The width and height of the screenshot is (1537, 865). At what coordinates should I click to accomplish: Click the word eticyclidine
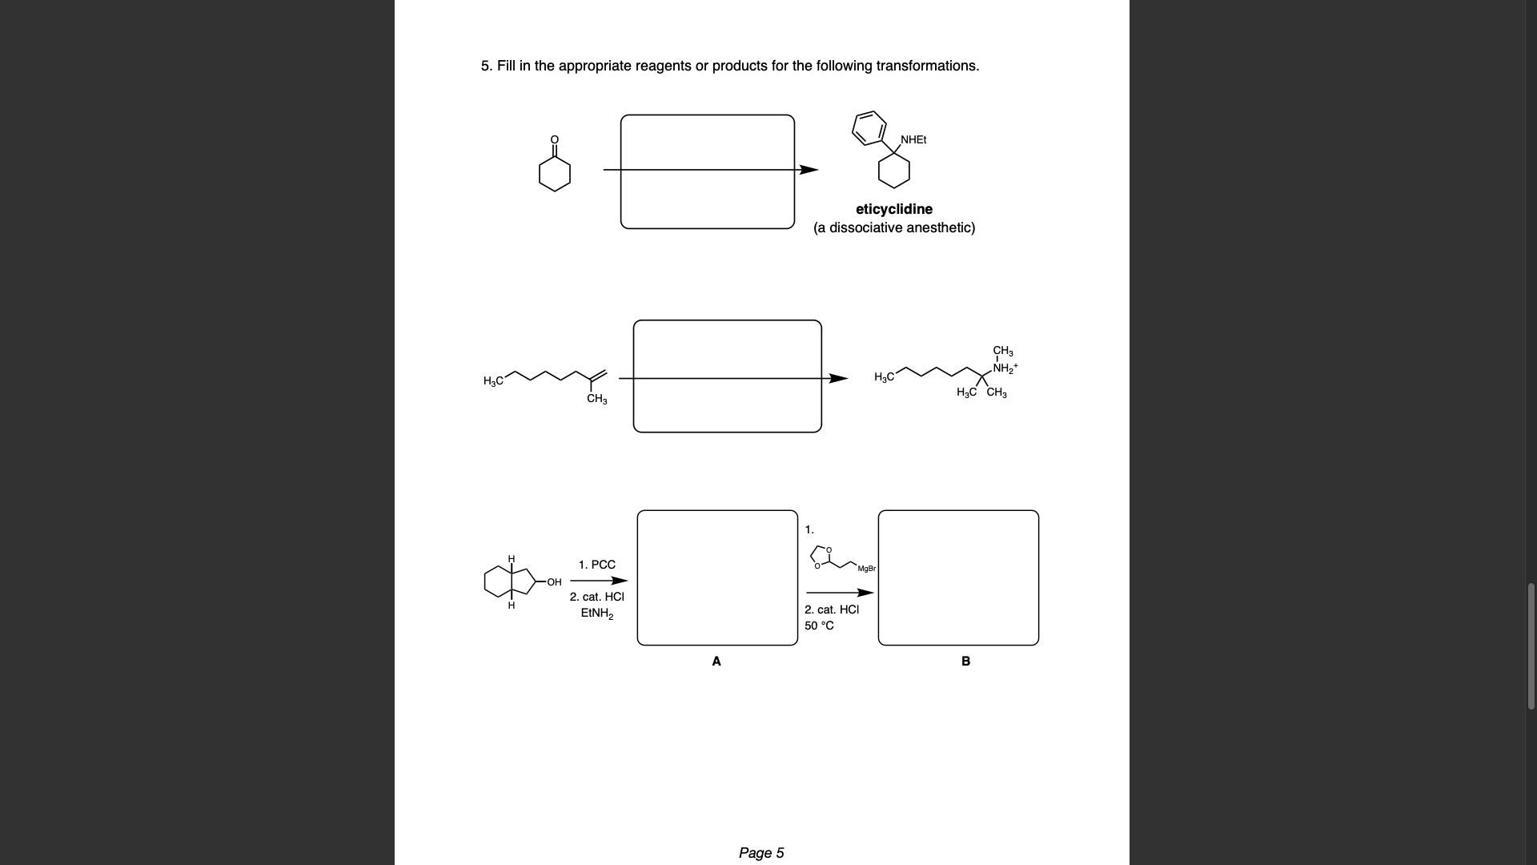893,209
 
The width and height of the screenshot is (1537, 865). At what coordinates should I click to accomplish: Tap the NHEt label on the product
913,139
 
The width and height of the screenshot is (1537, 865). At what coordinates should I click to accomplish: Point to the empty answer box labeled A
717,577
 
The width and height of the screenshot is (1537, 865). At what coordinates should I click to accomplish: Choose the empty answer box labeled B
958,577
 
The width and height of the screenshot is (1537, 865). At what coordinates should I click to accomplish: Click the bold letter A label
716,661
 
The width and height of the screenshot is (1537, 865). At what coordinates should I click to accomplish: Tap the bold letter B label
965,661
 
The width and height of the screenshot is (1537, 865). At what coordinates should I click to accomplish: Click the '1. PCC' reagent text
596,565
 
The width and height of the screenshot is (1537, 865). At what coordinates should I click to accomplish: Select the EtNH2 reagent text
596,614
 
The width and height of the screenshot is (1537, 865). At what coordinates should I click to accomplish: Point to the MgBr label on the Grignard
866,569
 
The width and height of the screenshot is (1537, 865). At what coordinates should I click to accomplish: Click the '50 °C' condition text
819,626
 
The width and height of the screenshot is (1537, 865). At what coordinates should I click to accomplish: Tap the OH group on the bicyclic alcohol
554,582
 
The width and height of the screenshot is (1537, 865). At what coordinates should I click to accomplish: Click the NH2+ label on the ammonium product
1005,368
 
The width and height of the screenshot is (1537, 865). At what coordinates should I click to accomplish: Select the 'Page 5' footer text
761,853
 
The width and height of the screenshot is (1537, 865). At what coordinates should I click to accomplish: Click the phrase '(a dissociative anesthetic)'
893,227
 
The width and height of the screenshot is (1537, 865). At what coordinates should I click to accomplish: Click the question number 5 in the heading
485,66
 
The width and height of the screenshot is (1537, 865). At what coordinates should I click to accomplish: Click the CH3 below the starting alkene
596,399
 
